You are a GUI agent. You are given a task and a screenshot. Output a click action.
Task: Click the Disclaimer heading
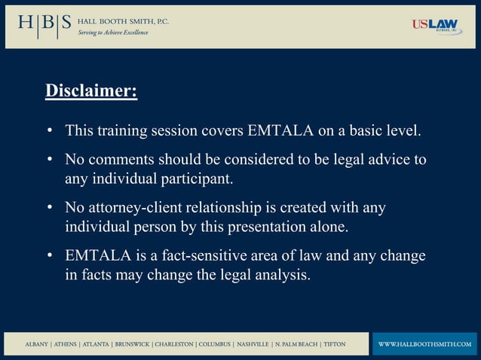pos(91,92)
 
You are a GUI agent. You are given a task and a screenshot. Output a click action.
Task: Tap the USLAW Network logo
pos(435,26)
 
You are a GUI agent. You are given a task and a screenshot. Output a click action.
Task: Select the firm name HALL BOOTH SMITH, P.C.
pos(124,21)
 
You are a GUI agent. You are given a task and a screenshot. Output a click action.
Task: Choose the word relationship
pos(229,208)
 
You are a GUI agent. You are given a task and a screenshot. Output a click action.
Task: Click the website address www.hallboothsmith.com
pos(424,344)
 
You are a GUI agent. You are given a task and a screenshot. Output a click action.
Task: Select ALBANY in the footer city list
pos(37,344)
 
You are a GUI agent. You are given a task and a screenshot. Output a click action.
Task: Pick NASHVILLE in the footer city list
pos(253,344)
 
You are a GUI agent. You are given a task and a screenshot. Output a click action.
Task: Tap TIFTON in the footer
pos(334,344)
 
